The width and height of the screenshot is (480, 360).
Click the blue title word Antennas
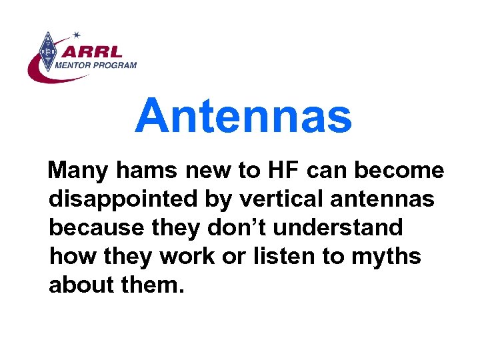(x=243, y=115)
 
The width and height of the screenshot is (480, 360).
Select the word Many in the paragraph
(x=79, y=172)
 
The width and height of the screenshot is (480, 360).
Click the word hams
(x=147, y=172)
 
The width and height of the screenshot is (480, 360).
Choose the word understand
(x=333, y=228)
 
